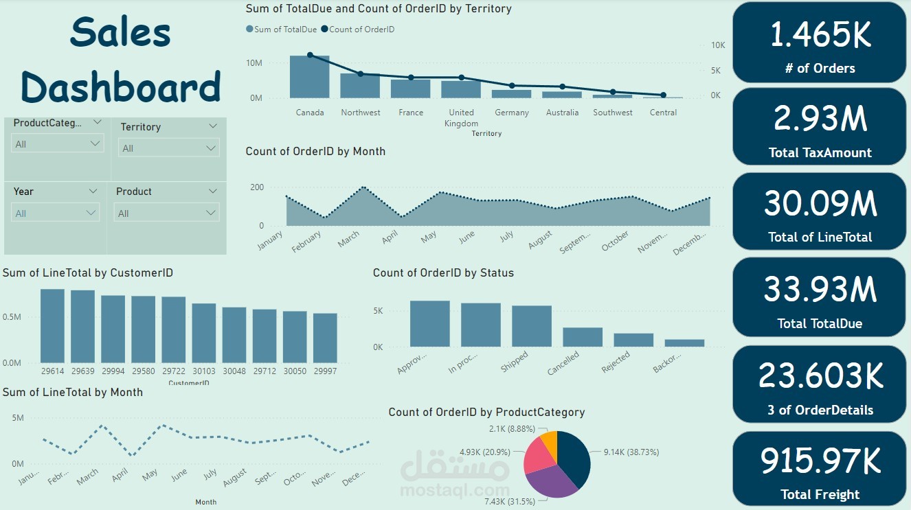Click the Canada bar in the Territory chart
click(x=309, y=77)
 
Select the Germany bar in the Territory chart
click(x=511, y=94)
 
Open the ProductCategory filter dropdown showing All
click(x=58, y=144)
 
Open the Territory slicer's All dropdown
click(x=169, y=148)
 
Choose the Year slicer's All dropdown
click(x=56, y=213)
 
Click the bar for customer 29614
click(x=52, y=326)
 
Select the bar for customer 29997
click(x=325, y=338)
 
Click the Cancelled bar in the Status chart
click(x=583, y=337)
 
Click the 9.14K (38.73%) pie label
click(x=630, y=452)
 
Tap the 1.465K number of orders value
click(x=820, y=35)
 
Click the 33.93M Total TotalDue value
click(x=820, y=290)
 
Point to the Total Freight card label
click(x=820, y=494)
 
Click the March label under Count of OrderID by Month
click(x=349, y=238)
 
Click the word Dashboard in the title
click(x=121, y=87)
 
